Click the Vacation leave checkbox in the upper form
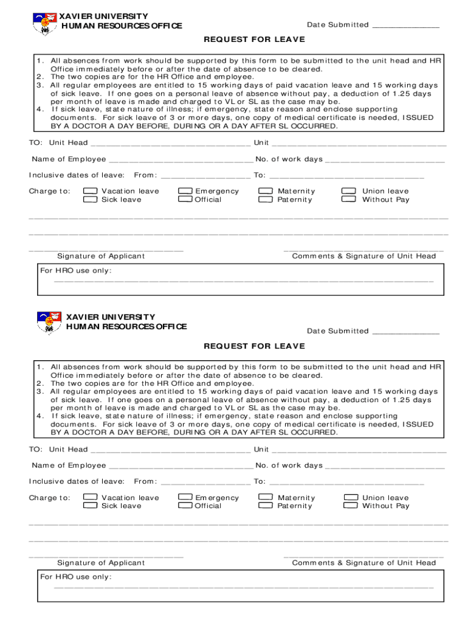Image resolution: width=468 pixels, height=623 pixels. point(90,191)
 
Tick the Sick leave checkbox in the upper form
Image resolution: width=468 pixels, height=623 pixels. point(90,200)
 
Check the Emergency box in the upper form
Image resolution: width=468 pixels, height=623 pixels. point(185,191)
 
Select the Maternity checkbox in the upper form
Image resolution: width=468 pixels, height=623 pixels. point(265,191)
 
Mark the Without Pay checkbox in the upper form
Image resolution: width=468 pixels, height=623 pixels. point(349,200)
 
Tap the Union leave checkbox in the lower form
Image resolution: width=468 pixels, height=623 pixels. point(350,498)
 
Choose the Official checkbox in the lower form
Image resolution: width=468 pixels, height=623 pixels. point(185,506)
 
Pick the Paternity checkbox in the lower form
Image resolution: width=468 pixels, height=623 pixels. point(265,506)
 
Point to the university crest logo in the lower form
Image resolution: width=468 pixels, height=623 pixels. point(49,322)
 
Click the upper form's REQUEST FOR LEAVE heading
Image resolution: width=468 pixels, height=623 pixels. point(254,40)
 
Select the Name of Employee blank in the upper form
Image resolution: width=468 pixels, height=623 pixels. point(181,160)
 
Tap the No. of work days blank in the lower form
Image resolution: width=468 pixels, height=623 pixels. point(385,467)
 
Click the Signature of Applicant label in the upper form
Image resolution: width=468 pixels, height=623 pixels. point(101,256)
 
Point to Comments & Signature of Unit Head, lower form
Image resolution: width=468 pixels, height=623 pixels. point(363,563)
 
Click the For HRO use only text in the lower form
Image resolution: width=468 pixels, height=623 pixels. point(76,577)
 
